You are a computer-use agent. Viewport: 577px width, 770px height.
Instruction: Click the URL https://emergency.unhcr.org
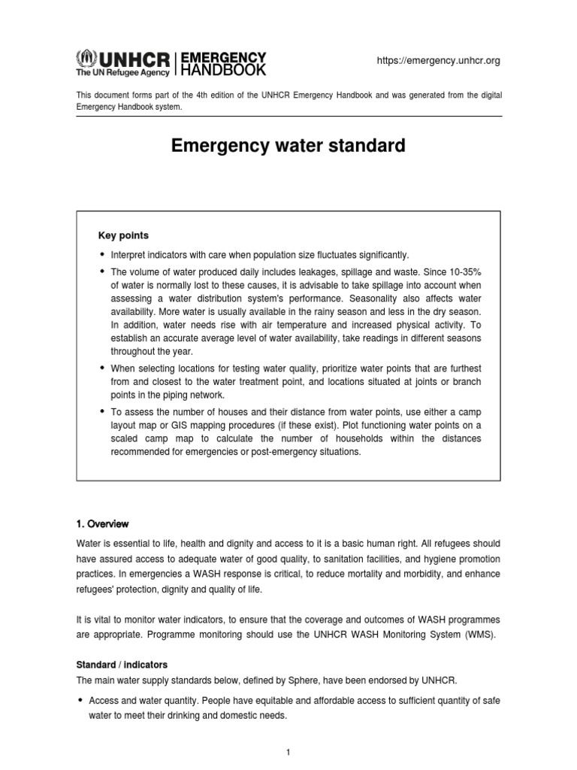(x=437, y=60)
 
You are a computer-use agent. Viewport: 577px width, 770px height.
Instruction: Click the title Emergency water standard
(x=288, y=145)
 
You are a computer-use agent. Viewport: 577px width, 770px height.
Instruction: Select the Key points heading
(x=123, y=235)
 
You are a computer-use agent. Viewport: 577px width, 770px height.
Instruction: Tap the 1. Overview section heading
(x=103, y=523)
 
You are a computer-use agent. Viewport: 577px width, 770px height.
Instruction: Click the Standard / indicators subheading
(x=121, y=665)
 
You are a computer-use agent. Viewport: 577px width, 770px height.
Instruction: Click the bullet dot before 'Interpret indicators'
(x=103, y=255)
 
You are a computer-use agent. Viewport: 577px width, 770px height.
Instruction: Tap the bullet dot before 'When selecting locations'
(x=103, y=368)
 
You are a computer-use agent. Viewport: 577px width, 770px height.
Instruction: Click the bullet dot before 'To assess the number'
(x=103, y=412)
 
